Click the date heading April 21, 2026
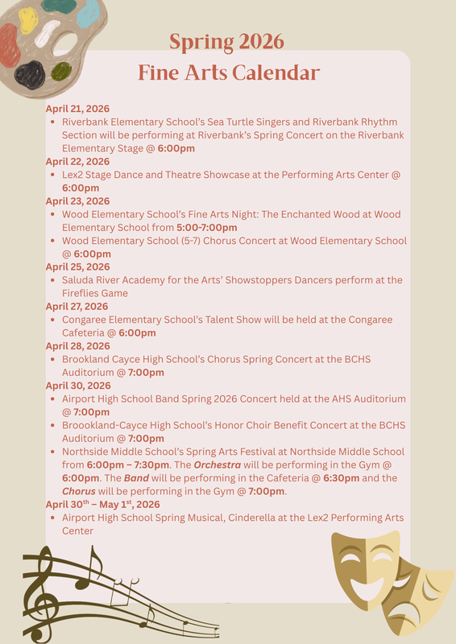[x=77, y=108]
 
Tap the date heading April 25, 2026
[x=77, y=266]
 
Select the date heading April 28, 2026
[x=77, y=346]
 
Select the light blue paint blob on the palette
[x=87, y=11]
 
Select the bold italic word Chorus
[x=79, y=491]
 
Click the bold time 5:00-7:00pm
[x=206, y=228]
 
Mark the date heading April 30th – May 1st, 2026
[x=102, y=505]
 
